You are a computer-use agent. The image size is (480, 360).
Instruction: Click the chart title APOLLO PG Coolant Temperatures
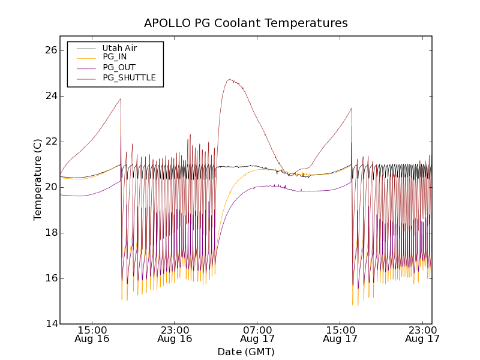click(246, 23)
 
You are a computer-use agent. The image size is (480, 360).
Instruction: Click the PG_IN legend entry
click(115, 57)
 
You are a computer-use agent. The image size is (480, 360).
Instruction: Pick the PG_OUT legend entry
click(118, 67)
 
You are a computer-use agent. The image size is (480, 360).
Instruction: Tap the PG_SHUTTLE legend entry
click(129, 77)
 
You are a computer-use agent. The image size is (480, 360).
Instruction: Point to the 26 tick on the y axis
click(49, 50)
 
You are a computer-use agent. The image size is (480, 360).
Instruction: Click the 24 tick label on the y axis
click(49, 96)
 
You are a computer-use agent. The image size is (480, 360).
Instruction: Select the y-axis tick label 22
click(49, 142)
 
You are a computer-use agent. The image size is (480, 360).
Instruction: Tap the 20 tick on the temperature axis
click(49, 187)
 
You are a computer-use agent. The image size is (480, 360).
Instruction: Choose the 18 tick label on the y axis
click(49, 233)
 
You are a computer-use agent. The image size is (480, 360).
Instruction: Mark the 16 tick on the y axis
click(49, 278)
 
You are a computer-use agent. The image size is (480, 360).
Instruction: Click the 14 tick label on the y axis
click(49, 324)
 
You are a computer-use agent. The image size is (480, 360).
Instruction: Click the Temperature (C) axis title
click(38, 179)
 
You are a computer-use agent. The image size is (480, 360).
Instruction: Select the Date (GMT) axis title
click(246, 352)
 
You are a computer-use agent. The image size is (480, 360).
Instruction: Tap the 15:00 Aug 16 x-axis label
click(92, 334)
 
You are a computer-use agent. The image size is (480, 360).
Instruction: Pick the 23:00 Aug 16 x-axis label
click(175, 334)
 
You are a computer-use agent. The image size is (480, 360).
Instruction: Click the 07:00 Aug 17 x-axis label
click(257, 334)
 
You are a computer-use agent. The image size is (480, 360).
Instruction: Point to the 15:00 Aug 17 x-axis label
click(340, 334)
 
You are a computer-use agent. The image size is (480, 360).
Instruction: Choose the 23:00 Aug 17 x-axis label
click(422, 334)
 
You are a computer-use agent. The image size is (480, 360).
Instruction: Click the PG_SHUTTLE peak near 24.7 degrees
click(229, 79)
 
